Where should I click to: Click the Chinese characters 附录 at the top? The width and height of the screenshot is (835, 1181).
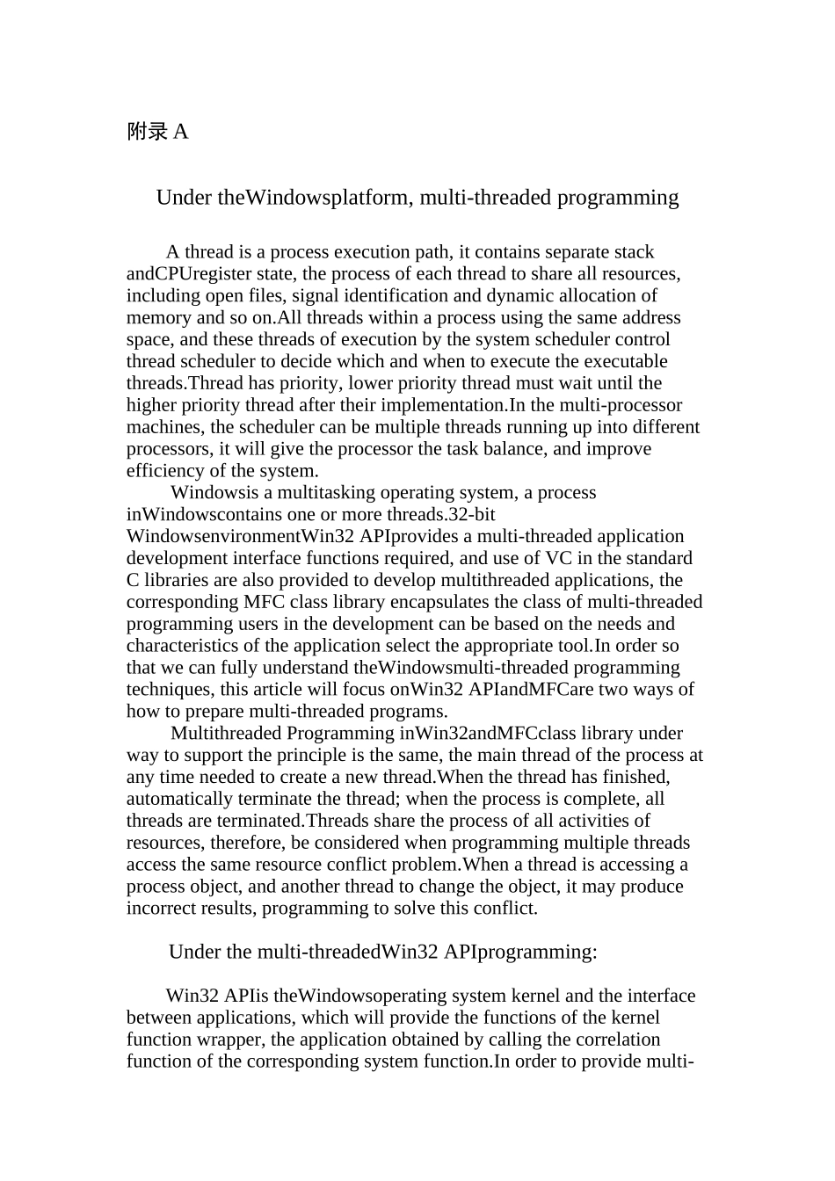(147, 132)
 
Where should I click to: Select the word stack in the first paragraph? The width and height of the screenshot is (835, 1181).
(633, 253)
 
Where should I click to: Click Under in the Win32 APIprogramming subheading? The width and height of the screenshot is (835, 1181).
(192, 953)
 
